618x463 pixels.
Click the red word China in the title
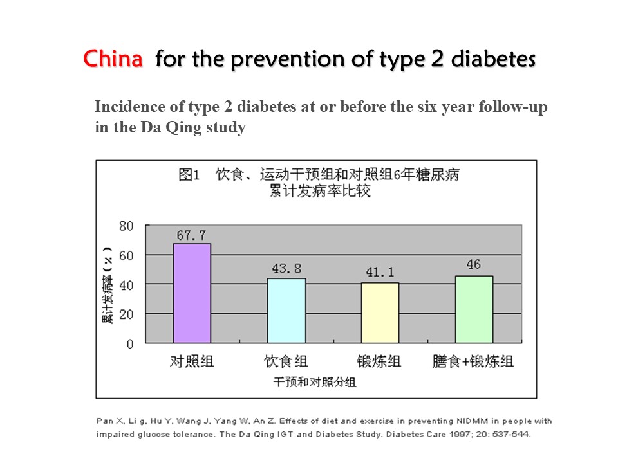coord(113,59)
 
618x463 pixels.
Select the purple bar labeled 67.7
coord(192,293)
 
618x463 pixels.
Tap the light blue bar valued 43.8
coord(286,311)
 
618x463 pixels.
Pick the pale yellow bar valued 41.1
coord(380,313)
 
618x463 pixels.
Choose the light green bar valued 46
coord(474,309)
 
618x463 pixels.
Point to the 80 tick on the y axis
coord(126,226)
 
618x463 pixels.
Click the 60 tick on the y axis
coord(126,255)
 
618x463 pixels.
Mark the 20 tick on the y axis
coord(126,314)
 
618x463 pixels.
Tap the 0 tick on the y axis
coord(129,344)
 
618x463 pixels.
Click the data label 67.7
coord(191,236)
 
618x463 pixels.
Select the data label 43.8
coord(286,269)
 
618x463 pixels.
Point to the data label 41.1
coord(380,273)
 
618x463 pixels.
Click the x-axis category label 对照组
coord(192,361)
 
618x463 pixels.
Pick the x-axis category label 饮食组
coord(286,361)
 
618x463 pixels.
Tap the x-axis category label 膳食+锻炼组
coord(473,361)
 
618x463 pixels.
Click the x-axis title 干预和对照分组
coord(315,382)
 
